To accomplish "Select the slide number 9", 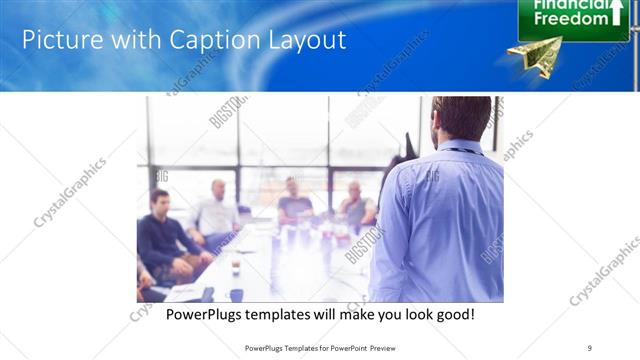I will click(x=589, y=347).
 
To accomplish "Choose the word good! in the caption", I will click(x=452, y=315).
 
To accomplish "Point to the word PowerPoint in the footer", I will click(x=346, y=347).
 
